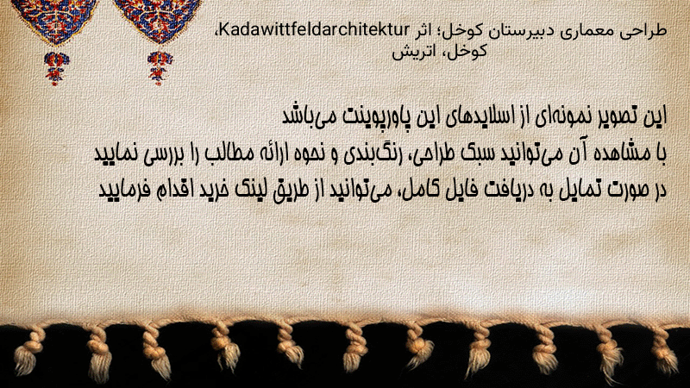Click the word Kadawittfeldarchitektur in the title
coord(314,30)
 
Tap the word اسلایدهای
coord(485,117)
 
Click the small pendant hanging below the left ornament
coord(56,67)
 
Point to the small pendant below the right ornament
coord(160,67)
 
